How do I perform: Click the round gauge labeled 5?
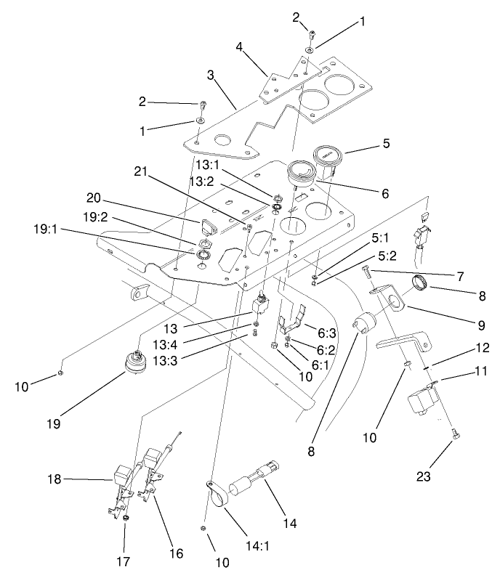coord(328,159)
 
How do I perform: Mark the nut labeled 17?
coord(126,518)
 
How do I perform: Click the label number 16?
coord(175,553)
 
